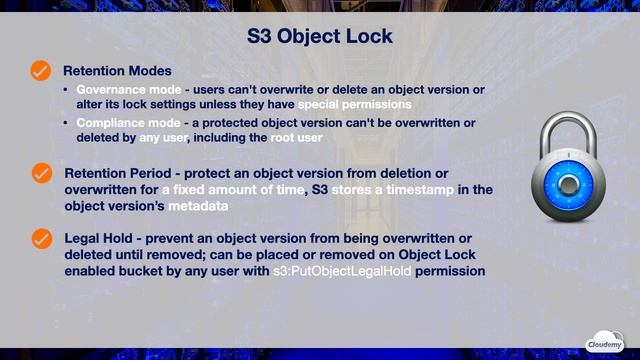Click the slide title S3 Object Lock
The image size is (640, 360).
click(319, 37)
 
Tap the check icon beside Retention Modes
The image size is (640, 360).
click(41, 71)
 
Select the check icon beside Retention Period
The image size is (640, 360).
click(41, 173)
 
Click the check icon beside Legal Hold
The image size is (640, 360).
click(41, 238)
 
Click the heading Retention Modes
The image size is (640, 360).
click(117, 71)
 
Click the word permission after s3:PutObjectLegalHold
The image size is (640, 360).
click(452, 270)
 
